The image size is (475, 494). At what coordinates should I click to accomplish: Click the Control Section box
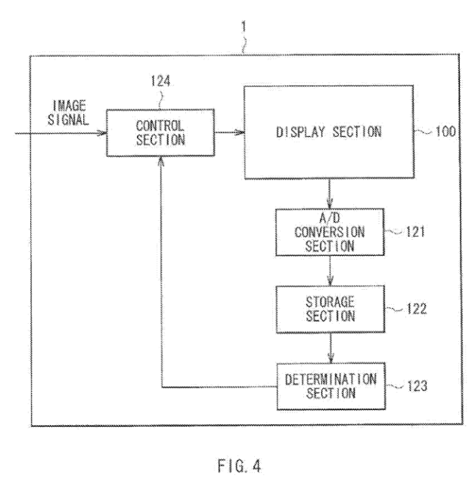(x=161, y=132)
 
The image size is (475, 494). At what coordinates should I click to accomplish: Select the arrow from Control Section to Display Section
(x=228, y=132)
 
